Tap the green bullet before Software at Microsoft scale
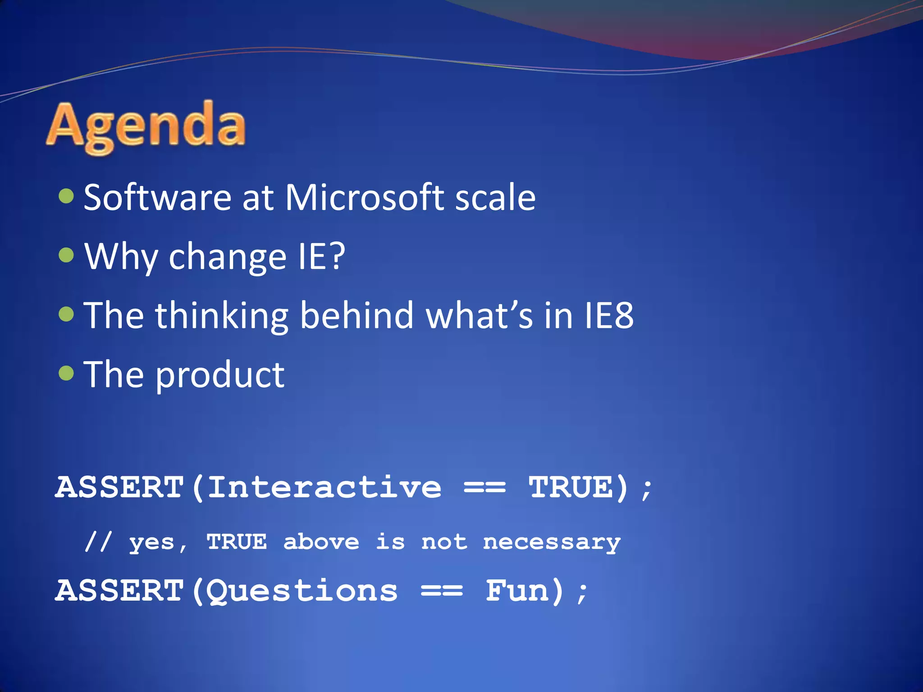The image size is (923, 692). pos(66,196)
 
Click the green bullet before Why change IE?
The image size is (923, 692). pos(66,255)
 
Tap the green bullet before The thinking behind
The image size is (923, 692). pos(66,314)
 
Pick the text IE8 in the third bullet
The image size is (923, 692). pos(609,315)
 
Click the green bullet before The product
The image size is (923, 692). pos(66,373)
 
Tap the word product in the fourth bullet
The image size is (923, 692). pos(220,376)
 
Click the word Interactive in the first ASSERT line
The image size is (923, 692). pos(324,487)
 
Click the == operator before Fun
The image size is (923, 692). pos(442,591)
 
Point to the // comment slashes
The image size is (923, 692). pos(98,542)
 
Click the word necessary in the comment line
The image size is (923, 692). pos(552,542)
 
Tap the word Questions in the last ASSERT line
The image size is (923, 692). pos(302,591)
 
